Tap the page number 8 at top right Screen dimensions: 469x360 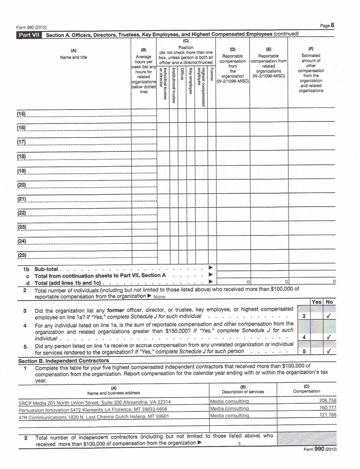(x=333, y=25)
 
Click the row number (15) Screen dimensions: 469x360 (x=22, y=114)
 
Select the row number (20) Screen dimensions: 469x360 (x=22, y=185)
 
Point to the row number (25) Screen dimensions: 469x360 (x=22, y=256)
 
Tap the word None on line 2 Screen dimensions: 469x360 (x=159, y=297)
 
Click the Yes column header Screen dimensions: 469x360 (x=317, y=302)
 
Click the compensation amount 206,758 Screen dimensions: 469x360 (x=328, y=401)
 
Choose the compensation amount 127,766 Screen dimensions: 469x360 (x=328, y=415)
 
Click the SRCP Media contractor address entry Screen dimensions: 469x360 (x=94, y=402)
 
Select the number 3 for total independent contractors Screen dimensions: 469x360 (x=239, y=444)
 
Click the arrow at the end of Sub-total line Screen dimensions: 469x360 (x=210, y=268)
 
